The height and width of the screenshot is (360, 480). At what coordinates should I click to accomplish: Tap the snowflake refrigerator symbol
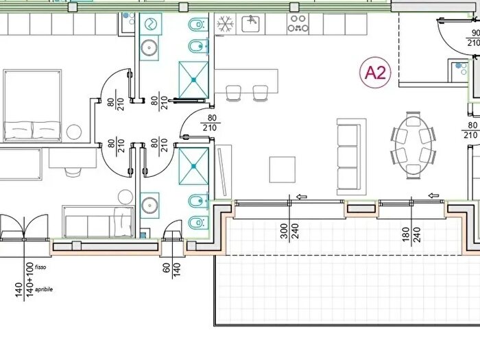225,24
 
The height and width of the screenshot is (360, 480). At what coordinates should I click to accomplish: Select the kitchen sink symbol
251,24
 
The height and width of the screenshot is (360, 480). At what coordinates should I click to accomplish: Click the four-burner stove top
298,24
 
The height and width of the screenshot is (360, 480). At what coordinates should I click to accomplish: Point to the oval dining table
413,145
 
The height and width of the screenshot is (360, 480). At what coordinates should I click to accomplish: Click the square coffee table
283,169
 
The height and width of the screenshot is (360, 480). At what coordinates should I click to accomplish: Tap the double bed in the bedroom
32,106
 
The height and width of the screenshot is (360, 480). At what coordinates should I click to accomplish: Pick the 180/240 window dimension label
411,235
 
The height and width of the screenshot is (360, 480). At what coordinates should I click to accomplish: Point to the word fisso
40,267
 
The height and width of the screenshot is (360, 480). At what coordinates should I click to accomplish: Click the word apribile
44,289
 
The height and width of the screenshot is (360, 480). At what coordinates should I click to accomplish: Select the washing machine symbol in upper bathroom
151,24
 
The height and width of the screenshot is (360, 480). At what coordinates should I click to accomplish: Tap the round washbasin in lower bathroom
149,205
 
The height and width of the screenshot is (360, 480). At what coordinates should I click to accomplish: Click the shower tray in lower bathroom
194,166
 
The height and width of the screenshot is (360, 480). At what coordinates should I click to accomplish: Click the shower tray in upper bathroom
194,80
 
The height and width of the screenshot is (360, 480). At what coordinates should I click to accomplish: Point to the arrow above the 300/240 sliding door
302,197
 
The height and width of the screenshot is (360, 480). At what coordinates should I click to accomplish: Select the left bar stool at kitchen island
233,93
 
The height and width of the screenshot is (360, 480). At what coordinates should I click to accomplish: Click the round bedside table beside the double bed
74,132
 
